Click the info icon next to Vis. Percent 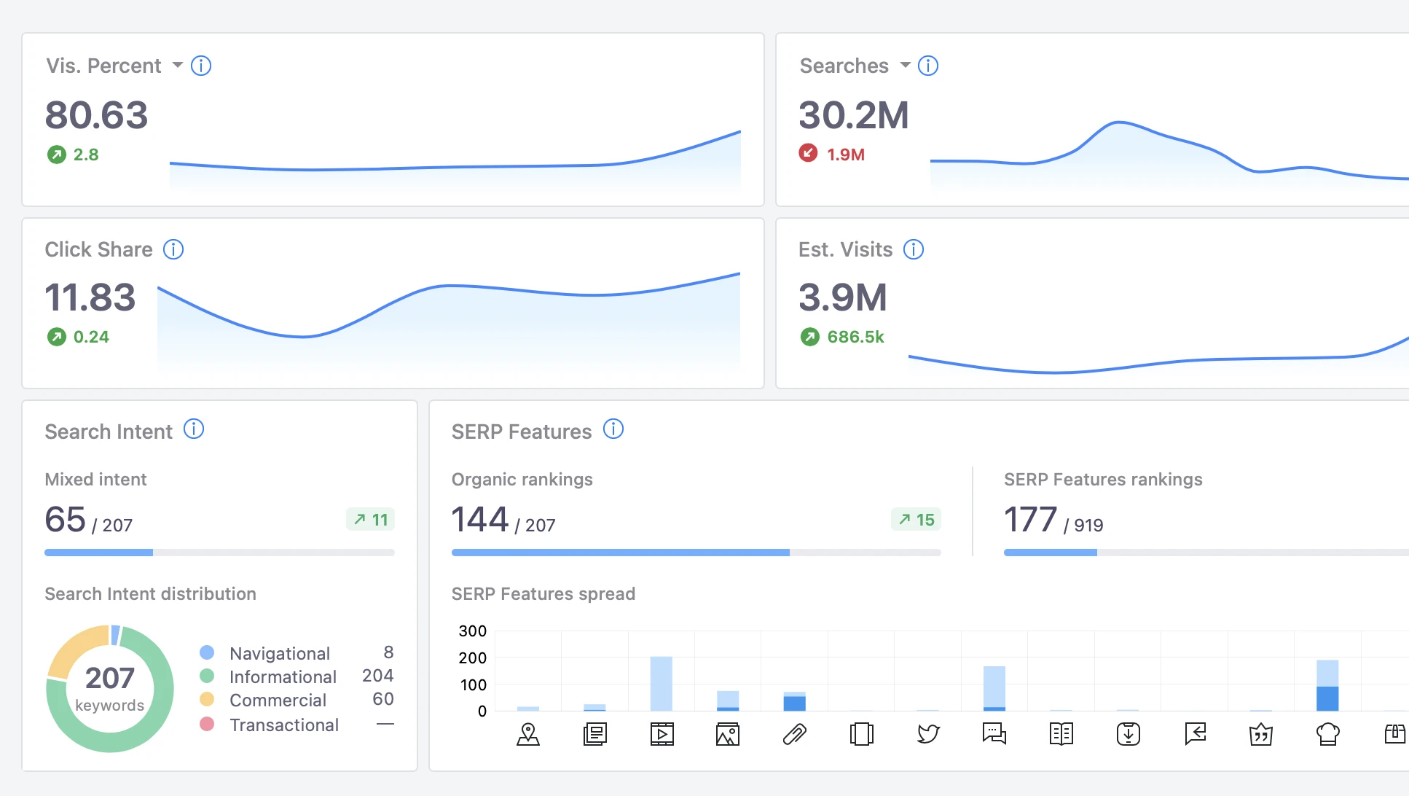coord(201,66)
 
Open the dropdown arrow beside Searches coord(906,65)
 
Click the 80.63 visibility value coord(96,115)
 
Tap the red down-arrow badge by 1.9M coord(808,153)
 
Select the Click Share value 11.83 coord(90,297)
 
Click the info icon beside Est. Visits coord(914,249)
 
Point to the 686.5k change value coord(855,337)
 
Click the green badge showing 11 coord(371,520)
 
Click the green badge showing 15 coord(917,520)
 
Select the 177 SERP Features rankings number coord(1030,520)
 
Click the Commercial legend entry coord(278,701)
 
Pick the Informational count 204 coord(377,676)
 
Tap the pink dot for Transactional coord(207,725)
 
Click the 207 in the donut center coord(110,679)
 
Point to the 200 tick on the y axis coord(472,658)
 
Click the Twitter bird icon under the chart coord(928,733)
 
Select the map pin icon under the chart coord(528,733)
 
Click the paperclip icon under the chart coord(794,733)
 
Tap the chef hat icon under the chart coord(1328,733)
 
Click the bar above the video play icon coord(662,684)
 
